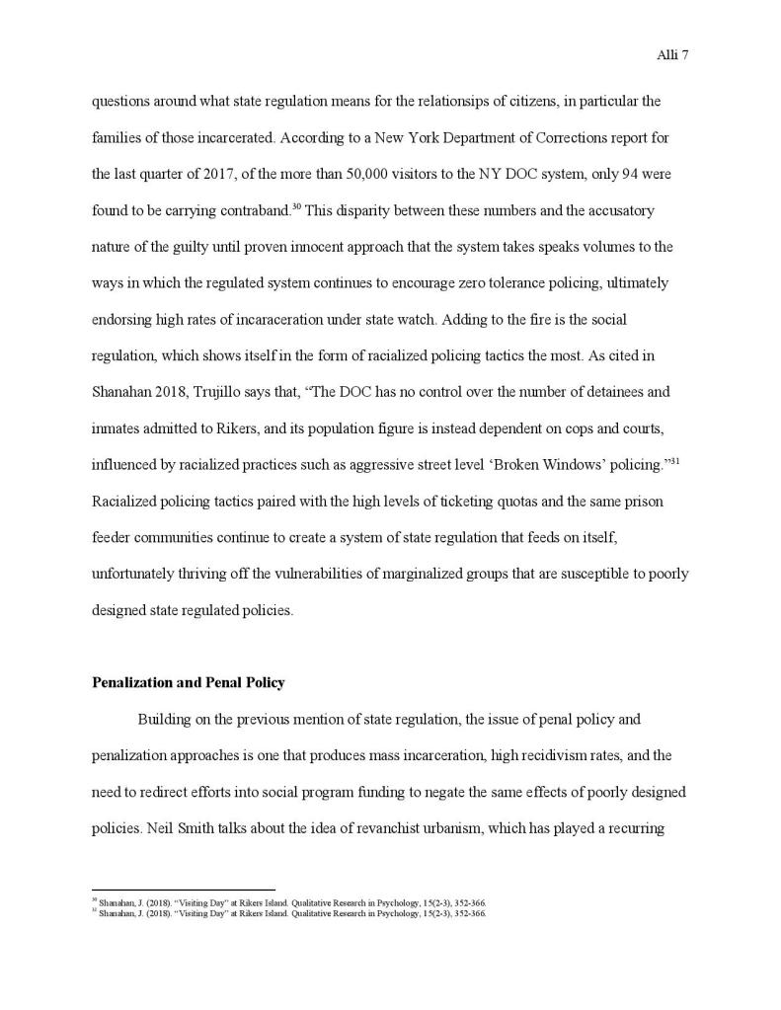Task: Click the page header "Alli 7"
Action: [x=671, y=55]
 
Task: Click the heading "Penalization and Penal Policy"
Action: [x=188, y=682]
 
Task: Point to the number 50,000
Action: [x=373, y=175]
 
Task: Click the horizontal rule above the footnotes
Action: [x=183, y=891]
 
